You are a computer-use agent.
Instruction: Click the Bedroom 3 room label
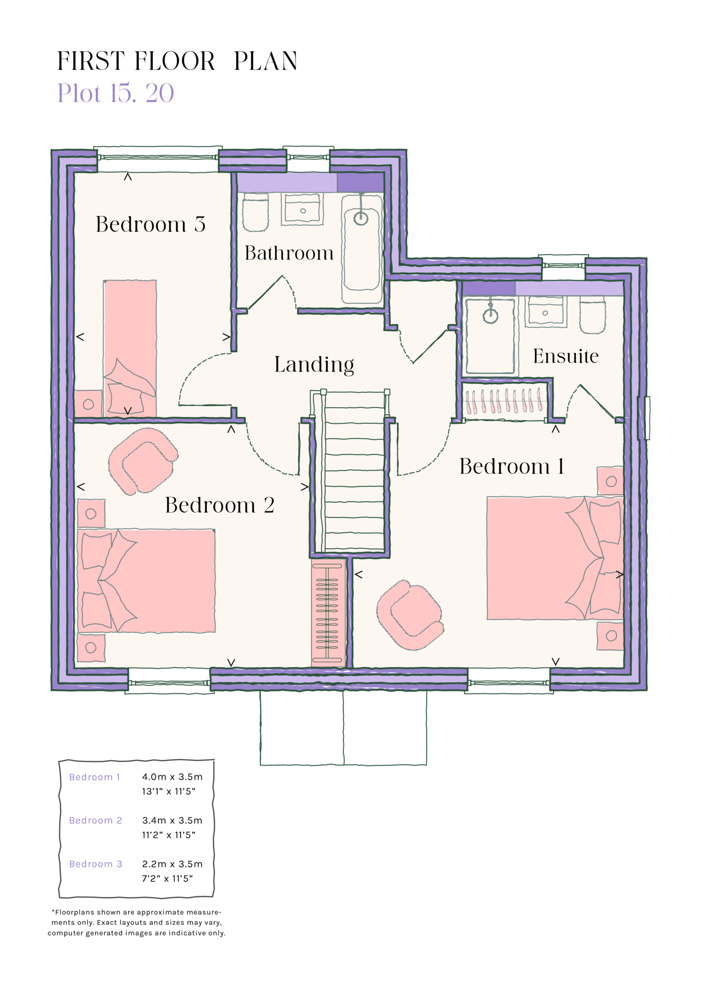click(x=150, y=224)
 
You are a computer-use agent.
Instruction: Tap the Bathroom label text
click(x=289, y=253)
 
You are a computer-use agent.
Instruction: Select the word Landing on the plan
click(x=314, y=365)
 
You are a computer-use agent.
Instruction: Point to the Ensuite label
click(x=565, y=356)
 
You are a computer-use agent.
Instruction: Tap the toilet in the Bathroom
click(x=255, y=212)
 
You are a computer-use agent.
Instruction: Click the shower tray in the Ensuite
click(x=490, y=336)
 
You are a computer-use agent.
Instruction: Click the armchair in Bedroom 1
click(x=410, y=614)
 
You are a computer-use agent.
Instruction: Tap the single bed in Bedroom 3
click(x=130, y=348)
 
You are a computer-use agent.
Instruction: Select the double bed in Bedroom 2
click(x=146, y=581)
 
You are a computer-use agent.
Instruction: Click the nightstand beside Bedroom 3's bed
click(x=89, y=404)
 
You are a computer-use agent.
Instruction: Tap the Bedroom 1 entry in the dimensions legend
click(x=95, y=777)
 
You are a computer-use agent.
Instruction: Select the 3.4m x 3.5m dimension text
click(x=172, y=820)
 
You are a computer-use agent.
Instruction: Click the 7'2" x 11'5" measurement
click(x=167, y=879)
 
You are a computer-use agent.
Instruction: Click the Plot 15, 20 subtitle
click(x=116, y=93)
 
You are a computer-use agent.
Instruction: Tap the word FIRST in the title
click(x=91, y=61)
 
